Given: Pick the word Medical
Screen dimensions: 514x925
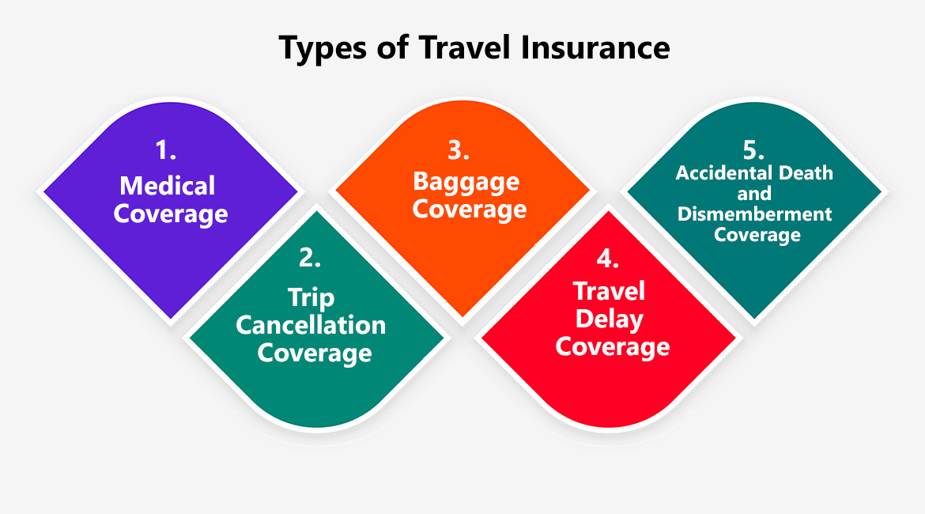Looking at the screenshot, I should [167, 186].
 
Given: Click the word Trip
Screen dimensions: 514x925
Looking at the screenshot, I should [311, 298].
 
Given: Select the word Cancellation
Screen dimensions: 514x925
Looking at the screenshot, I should [311, 325].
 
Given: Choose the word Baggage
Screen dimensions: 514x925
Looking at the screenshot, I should [466, 182].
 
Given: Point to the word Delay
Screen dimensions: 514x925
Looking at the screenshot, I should [610, 319].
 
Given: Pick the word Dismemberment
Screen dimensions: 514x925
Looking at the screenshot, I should [754, 214].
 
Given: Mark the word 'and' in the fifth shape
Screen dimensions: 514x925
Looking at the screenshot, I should [754, 194].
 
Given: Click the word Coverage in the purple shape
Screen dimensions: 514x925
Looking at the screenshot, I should [171, 214].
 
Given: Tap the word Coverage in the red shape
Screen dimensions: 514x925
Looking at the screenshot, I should [612, 347].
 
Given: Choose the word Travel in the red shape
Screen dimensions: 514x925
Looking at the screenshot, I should [610, 291].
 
